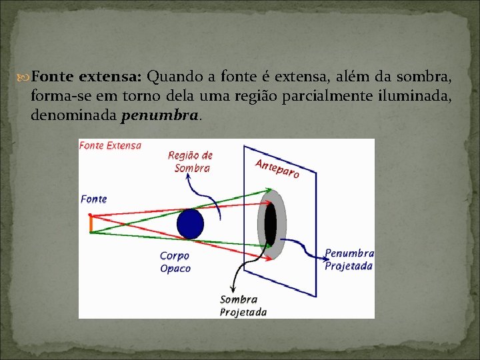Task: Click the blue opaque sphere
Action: click(190, 224)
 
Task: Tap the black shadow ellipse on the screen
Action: click(270, 224)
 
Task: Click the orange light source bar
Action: click(89, 223)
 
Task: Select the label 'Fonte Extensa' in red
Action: click(110, 145)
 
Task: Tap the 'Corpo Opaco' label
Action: click(175, 262)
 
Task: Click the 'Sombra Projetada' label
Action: click(243, 306)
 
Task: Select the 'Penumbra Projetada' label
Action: click(349, 259)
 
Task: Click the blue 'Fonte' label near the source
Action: click(93, 199)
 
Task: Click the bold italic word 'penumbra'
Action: click(159, 116)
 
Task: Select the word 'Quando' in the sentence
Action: click(171, 77)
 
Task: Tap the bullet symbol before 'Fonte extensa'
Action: click(25, 77)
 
